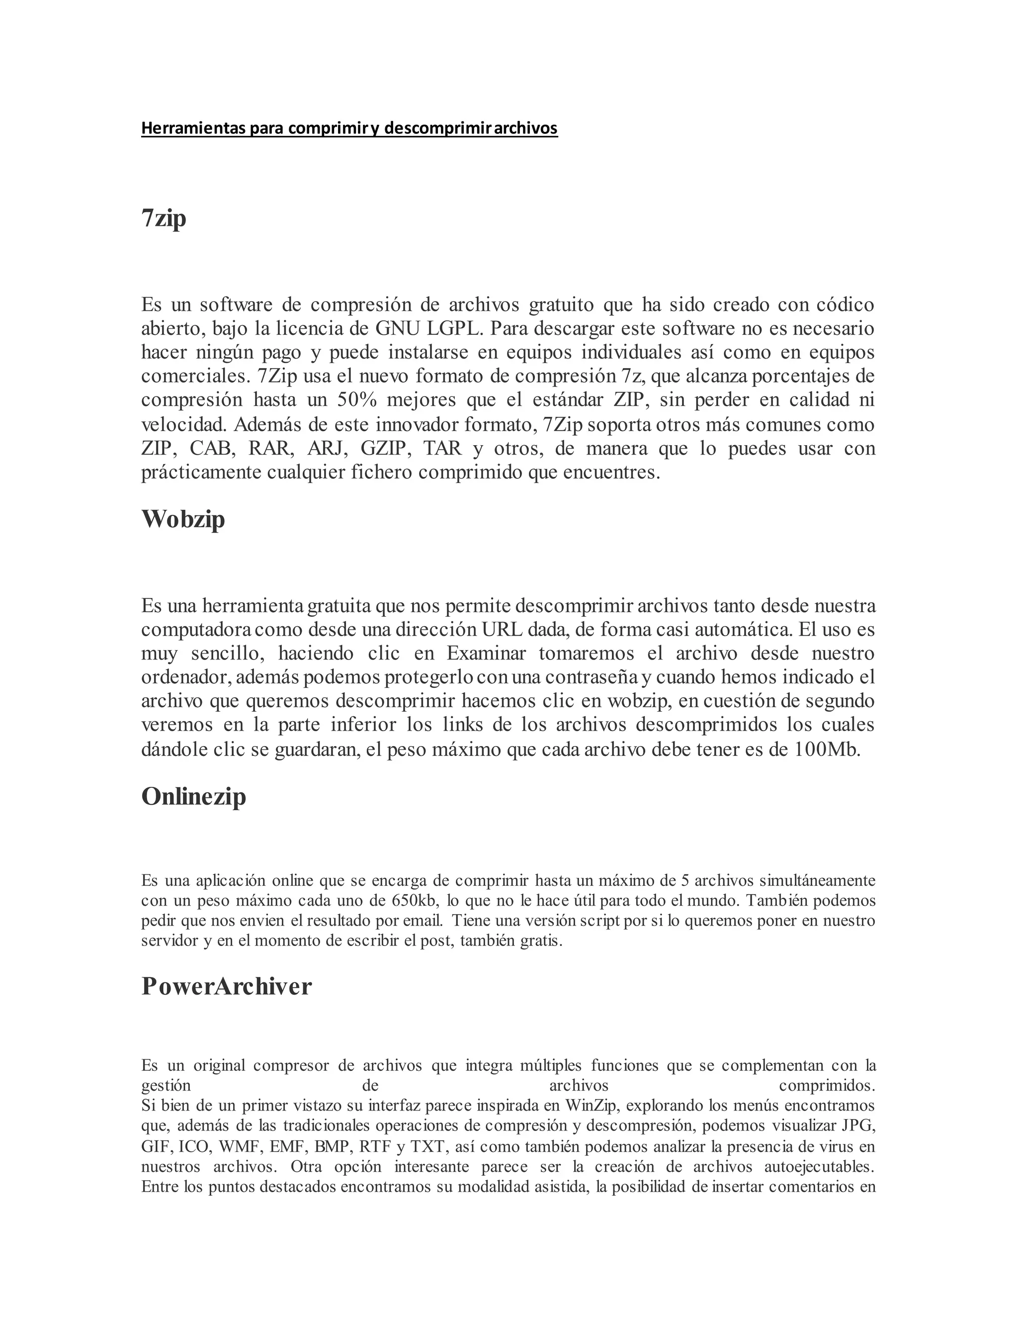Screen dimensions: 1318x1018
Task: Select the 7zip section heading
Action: pos(164,218)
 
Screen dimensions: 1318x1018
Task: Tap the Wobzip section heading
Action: pos(183,518)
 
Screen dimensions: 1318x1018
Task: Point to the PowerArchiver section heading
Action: pos(226,986)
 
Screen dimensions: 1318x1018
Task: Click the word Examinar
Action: pos(486,654)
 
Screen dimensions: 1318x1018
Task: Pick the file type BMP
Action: pos(334,1146)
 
